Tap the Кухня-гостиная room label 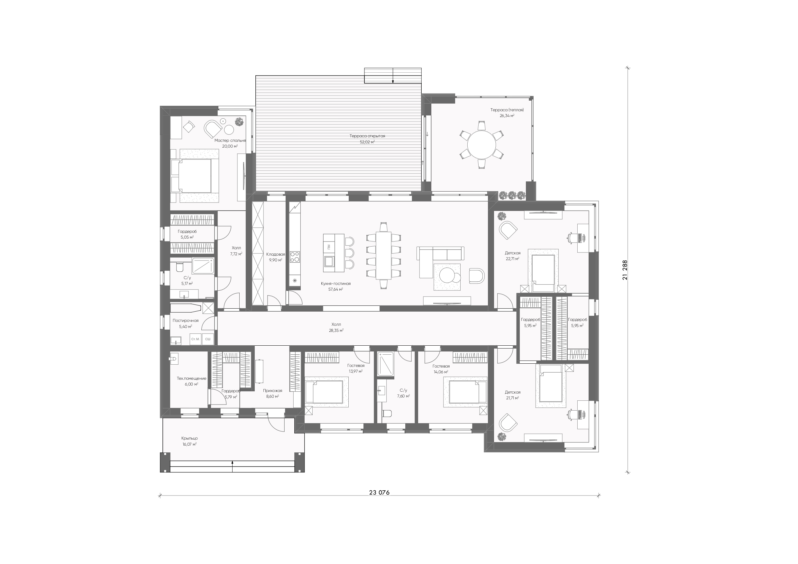[x=336, y=284]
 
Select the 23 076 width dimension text [x=379, y=492]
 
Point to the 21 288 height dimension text [x=625, y=270]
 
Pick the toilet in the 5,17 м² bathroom [x=180, y=267]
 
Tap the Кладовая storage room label [x=276, y=254]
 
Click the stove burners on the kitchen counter [x=295, y=257]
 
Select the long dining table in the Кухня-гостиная [x=383, y=255]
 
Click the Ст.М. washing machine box [x=196, y=339]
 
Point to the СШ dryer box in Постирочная [x=208, y=339]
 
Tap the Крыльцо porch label [x=189, y=438]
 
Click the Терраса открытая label [x=367, y=136]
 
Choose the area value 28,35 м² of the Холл [x=336, y=331]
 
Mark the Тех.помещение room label [x=191, y=378]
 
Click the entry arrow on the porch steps [x=232, y=466]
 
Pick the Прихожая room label [x=272, y=391]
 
